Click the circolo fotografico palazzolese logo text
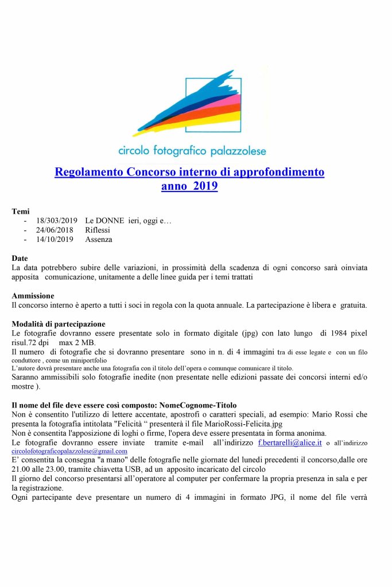pyautogui.click(x=192, y=151)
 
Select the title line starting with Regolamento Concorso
pyautogui.click(x=189, y=172)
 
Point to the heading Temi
pyautogui.click(x=21, y=212)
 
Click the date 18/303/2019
pyautogui.click(x=56, y=221)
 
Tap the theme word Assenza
pyautogui.click(x=99, y=239)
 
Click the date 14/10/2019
pyautogui.click(x=55, y=239)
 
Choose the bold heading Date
pyautogui.click(x=20, y=259)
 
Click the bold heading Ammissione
pyautogui.click(x=33, y=296)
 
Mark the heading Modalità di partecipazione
pyautogui.click(x=58, y=324)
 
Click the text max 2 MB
pyautogui.click(x=77, y=342)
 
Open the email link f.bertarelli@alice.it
pyautogui.click(x=290, y=443)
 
